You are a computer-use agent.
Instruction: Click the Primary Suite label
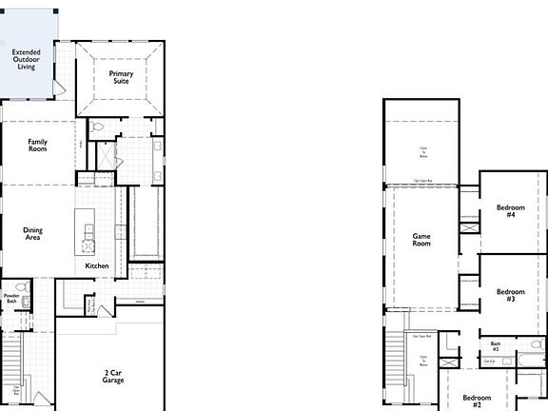pyautogui.click(x=121, y=78)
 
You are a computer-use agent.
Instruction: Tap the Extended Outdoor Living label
pyautogui.click(x=27, y=60)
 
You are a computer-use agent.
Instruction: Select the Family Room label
pyautogui.click(x=38, y=146)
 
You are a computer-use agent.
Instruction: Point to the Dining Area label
pyautogui.click(x=33, y=233)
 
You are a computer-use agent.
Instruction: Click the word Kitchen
pyautogui.click(x=97, y=265)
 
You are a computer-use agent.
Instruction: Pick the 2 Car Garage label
pyautogui.click(x=113, y=376)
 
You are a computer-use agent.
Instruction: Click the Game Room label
pyautogui.click(x=421, y=239)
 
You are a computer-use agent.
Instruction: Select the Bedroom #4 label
pyautogui.click(x=511, y=211)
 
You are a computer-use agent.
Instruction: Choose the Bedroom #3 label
pyautogui.click(x=511, y=295)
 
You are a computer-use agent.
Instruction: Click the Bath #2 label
pyautogui.click(x=496, y=345)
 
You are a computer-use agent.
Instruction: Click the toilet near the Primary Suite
pyautogui.click(x=98, y=127)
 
